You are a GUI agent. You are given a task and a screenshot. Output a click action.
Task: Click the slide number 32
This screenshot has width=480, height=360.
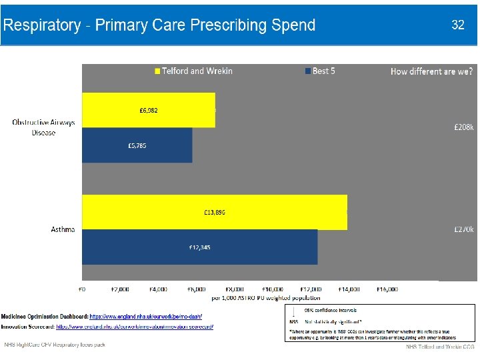coord(458,25)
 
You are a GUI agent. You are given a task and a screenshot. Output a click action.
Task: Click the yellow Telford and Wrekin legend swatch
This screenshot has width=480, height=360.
coord(158,71)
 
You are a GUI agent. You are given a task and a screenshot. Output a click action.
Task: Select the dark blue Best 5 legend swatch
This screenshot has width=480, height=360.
coord(308,71)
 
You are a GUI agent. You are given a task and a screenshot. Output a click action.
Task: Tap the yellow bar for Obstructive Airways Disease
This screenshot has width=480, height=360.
coord(148,110)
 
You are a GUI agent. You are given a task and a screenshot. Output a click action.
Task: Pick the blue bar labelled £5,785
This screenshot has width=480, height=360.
coord(137,145)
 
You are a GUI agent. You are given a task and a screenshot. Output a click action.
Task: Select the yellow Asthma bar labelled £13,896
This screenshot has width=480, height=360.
coord(214,212)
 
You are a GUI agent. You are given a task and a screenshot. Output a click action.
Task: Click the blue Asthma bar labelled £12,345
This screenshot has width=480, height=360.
coord(199,247)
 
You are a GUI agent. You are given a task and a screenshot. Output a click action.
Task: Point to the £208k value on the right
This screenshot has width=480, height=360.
coord(463,127)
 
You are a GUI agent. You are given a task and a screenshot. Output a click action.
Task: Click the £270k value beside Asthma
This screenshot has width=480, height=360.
coord(463,229)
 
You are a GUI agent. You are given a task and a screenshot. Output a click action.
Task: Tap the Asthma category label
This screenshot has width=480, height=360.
coord(63,229)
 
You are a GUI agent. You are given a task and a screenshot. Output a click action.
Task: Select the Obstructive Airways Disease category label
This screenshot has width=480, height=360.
coord(44,127)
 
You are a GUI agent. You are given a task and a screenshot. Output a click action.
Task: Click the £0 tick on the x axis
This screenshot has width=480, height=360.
coord(83,289)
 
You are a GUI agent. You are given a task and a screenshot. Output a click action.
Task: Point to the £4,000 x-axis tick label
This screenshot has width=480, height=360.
coord(159,289)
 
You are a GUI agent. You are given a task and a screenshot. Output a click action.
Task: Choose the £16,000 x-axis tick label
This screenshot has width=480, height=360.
coord(387,289)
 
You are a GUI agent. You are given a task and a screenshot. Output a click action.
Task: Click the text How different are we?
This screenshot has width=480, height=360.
coord(431,71)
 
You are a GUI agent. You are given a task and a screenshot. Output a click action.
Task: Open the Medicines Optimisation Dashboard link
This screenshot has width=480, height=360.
coord(145,316)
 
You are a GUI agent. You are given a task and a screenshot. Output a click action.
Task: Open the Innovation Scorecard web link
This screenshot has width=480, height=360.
coord(135,327)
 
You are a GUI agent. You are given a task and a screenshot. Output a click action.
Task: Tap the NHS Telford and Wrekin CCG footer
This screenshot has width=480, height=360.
coord(441,347)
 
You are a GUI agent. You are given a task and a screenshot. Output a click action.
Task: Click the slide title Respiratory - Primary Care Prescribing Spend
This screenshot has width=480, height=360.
coord(159,26)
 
